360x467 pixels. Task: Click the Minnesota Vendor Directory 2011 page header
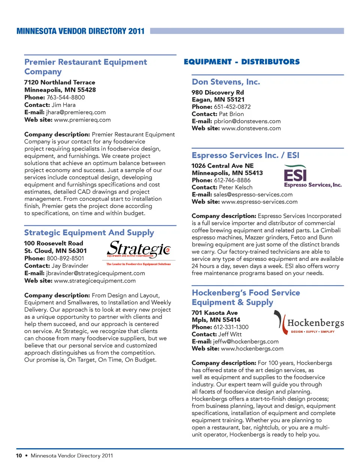click(80, 31)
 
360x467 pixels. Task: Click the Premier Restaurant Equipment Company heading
click(85, 67)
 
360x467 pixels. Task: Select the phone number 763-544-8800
click(66, 97)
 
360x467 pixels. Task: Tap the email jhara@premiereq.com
click(76, 112)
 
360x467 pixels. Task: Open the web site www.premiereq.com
click(82, 120)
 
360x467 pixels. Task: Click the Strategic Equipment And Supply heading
click(89, 233)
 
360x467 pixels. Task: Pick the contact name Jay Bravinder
click(70, 266)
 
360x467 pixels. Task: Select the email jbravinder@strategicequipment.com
click(95, 273)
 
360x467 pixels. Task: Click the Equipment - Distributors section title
click(241, 62)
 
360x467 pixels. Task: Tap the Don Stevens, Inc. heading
click(226, 82)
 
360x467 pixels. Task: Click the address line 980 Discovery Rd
click(217, 93)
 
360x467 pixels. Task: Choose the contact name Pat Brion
click(231, 114)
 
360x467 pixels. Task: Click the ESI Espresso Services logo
click(312, 177)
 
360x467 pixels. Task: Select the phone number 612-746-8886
click(232, 180)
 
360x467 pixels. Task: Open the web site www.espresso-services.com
click(259, 202)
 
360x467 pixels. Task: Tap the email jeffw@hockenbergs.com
click(246, 341)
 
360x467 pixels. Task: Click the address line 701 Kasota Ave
click(214, 313)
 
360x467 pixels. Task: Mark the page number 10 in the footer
click(19, 456)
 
